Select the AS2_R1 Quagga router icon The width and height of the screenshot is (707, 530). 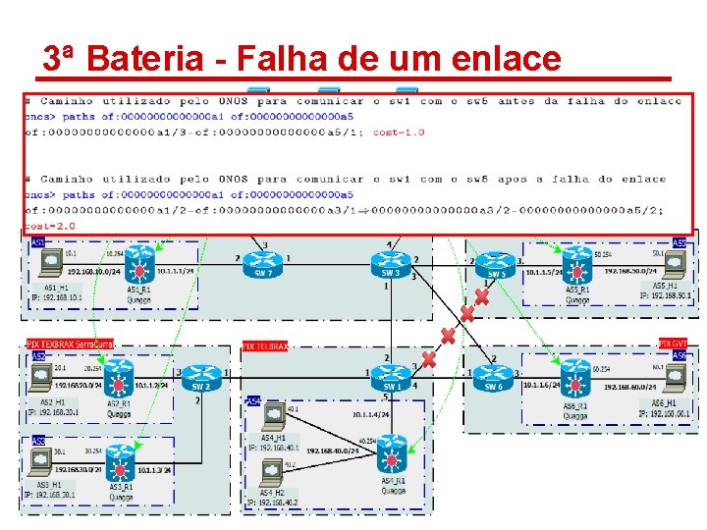tap(121, 378)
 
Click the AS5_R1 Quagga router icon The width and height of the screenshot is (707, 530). tap(576, 263)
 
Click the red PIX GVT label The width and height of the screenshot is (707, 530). tap(673, 344)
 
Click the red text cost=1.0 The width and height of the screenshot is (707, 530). tap(399, 132)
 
